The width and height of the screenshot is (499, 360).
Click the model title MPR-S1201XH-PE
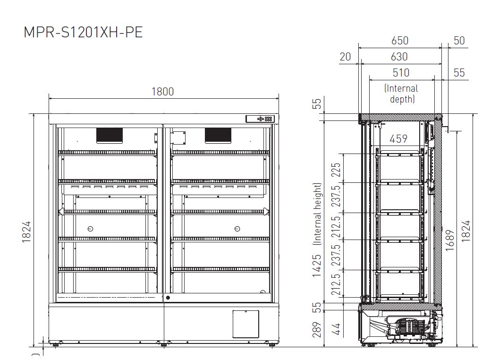point(84,32)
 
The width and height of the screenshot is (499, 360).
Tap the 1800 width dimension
point(162,92)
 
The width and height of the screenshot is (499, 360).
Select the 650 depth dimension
point(400,41)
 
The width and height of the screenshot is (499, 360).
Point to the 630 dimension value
point(399,57)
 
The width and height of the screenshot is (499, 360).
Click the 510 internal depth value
point(401,73)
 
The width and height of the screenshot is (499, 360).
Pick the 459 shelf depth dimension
point(398,139)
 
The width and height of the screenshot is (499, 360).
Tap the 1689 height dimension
point(449,240)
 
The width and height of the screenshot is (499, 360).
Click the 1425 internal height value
point(317,266)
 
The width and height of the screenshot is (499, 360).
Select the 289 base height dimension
point(317,330)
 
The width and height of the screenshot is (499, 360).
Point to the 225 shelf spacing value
point(336,170)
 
